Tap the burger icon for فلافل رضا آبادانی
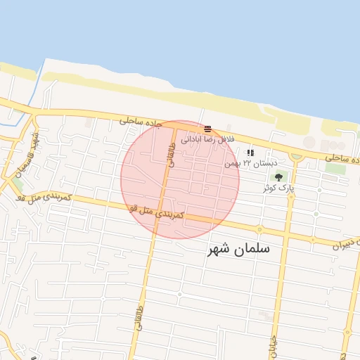click(x=207, y=129)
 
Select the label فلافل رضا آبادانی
click(x=207, y=139)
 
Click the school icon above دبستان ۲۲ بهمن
click(x=250, y=153)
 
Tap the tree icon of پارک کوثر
click(x=278, y=177)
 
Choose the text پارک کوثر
click(x=278, y=188)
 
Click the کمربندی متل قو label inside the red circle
click(x=156, y=211)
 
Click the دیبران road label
click(x=347, y=243)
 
